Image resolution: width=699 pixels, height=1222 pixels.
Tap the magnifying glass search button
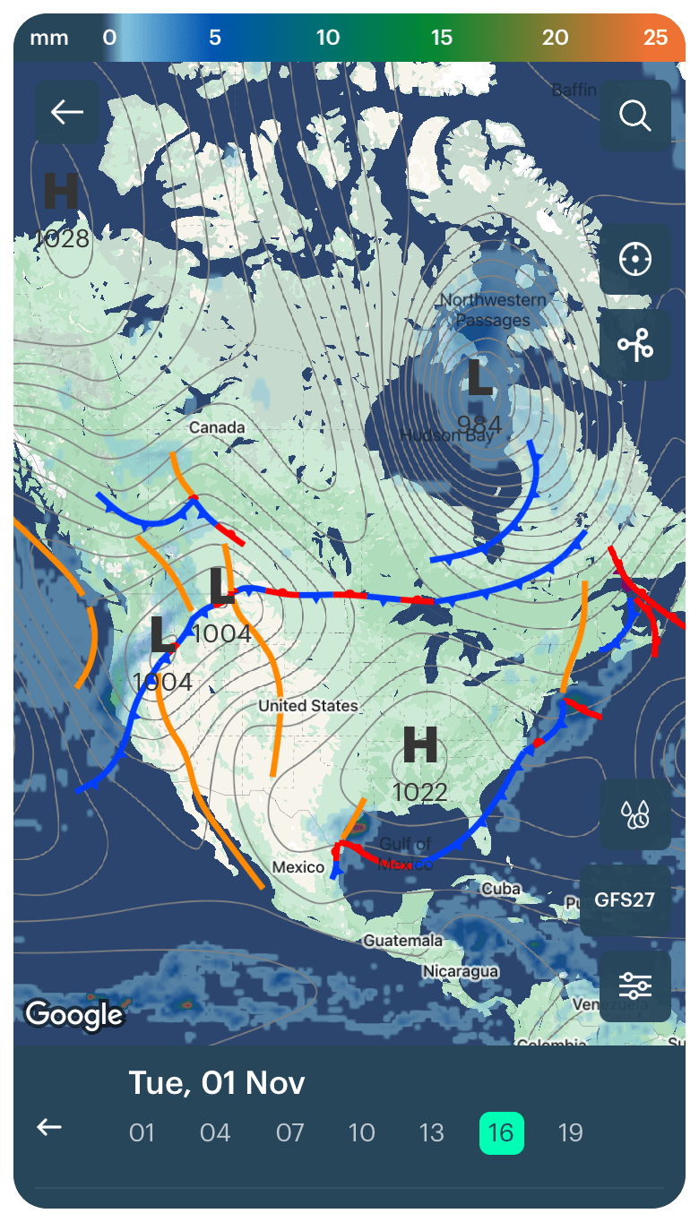pos(634,116)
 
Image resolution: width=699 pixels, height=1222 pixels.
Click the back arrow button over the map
pos(67,112)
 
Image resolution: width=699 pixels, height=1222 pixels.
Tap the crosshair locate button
pos(634,260)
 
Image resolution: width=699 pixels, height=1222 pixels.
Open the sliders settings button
pos(634,985)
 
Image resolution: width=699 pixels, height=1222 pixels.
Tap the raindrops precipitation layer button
pos(634,814)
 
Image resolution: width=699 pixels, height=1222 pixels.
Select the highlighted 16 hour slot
pos(501,1132)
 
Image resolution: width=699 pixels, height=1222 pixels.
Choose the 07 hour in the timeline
pos(289,1132)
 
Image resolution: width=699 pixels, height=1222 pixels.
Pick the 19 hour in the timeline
pos(570,1132)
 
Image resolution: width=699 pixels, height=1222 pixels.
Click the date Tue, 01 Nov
pos(217,1082)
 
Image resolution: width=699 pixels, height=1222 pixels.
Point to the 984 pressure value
pos(479,423)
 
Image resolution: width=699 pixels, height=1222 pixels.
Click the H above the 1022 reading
pos(419,745)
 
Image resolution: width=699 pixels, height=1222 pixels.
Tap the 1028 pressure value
pos(62,238)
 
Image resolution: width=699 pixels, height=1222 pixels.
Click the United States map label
pos(307,706)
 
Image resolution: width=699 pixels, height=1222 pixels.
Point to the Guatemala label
pos(402,941)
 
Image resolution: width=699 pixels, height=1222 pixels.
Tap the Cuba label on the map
pos(500,890)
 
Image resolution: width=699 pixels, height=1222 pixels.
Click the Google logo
pos(73,1014)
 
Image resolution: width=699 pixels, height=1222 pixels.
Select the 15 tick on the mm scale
pos(441,38)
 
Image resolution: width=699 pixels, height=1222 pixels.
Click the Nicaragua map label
pos(461,971)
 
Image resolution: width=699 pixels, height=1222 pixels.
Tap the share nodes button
pos(634,346)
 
